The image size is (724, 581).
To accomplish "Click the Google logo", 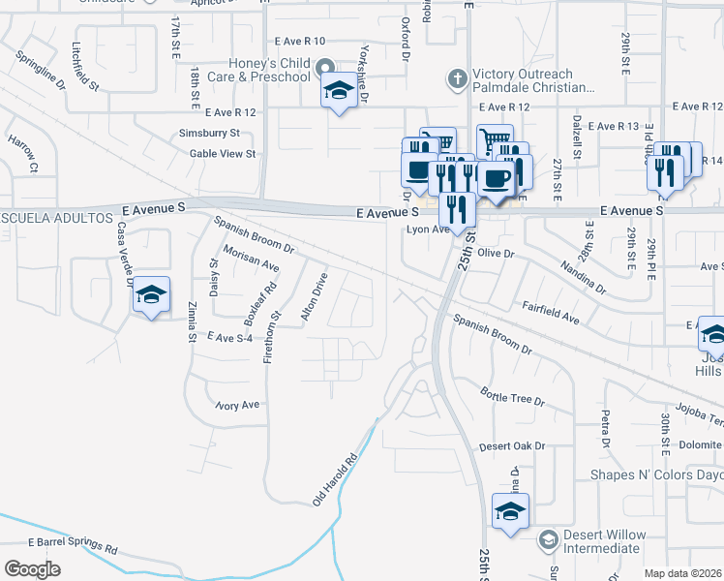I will coord(32,568).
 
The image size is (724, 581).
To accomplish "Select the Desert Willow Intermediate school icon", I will coord(548,538).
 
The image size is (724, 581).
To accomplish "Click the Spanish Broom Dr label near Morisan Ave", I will coord(254,234).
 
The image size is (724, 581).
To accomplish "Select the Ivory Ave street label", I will coord(238,405).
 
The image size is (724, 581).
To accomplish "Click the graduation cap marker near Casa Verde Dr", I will coord(151,294).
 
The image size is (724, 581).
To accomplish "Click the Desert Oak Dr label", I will coord(512,446).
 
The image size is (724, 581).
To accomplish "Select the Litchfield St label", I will coord(85,67).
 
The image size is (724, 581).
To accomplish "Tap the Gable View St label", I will coord(223,153).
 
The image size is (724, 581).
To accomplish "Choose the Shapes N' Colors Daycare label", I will coord(657,475).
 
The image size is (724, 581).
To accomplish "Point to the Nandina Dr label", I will coord(581,277).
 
